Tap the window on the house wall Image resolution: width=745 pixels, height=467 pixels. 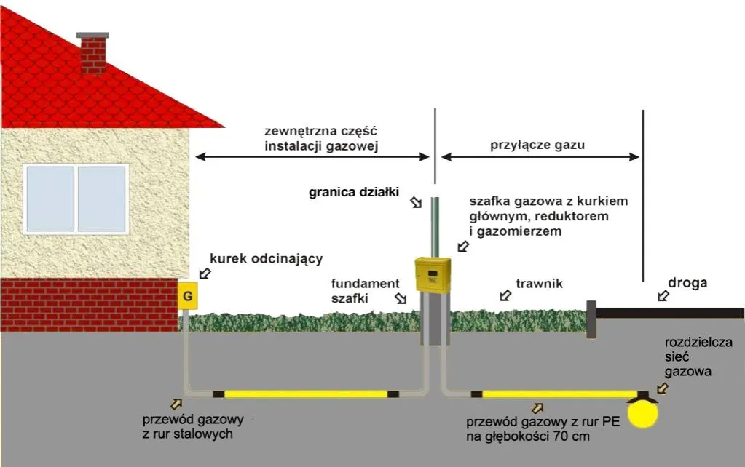[76, 198]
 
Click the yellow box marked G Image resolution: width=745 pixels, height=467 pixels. [187, 296]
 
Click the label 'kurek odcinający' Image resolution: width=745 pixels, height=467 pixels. [266, 258]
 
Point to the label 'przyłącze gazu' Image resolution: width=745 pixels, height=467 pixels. [538, 144]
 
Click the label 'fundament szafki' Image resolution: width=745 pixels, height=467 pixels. [366, 290]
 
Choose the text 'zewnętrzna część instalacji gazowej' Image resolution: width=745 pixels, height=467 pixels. [323, 139]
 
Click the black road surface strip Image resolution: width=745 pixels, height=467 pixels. [670, 313]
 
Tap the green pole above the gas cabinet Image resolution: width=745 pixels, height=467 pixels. [435, 226]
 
